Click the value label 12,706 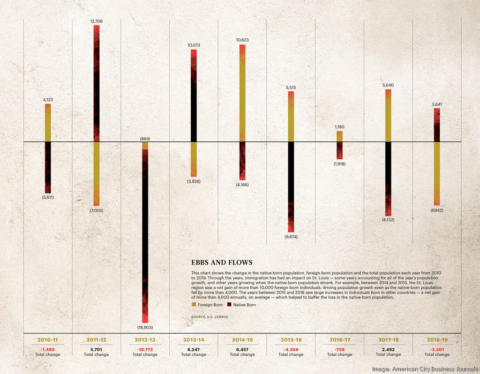point(96,21)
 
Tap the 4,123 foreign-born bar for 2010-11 point(48,123)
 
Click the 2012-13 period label point(145,339)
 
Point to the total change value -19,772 point(145,349)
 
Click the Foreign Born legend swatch point(194,305)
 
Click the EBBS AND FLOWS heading point(221,263)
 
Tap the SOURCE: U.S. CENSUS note point(210,317)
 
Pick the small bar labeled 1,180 point(339,136)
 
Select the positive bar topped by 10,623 point(242,93)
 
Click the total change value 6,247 point(193,349)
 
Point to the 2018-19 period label point(436,339)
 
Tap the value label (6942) point(436,210)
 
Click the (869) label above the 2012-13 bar point(145,139)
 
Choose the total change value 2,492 point(388,349)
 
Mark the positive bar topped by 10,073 point(194,95)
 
